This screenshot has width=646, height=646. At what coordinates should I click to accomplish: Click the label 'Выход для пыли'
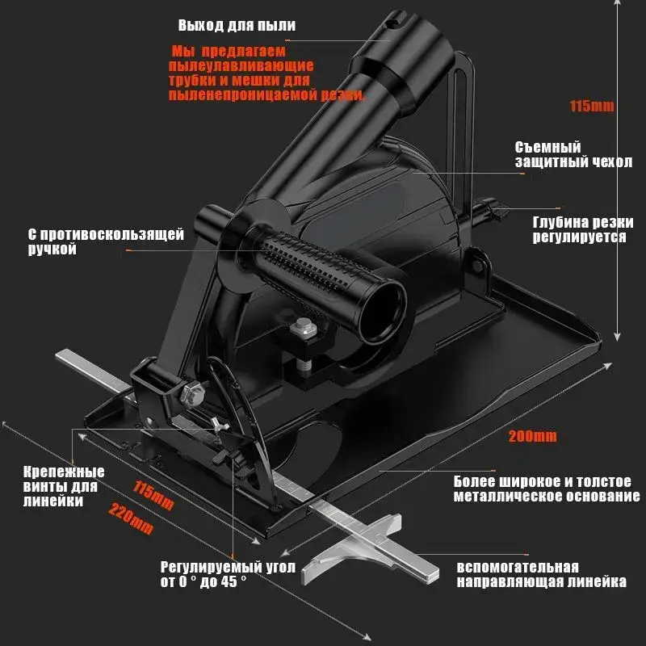[236, 26]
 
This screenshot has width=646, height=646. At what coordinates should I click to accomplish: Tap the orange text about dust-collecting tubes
[266, 73]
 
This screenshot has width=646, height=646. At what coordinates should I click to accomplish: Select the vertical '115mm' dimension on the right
[593, 106]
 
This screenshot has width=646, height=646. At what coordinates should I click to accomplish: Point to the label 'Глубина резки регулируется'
[579, 229]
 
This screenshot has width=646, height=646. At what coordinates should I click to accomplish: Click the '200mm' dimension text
[532, 437]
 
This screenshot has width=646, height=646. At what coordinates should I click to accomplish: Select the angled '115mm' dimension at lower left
[153, 495]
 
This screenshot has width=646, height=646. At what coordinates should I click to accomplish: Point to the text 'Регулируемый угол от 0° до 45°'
[227, 574]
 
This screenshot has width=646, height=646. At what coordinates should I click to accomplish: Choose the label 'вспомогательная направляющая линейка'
[541, 574]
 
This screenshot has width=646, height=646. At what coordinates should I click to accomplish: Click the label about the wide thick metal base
[547, 487]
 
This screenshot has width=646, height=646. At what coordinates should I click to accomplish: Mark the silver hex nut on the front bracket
[191, 395]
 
